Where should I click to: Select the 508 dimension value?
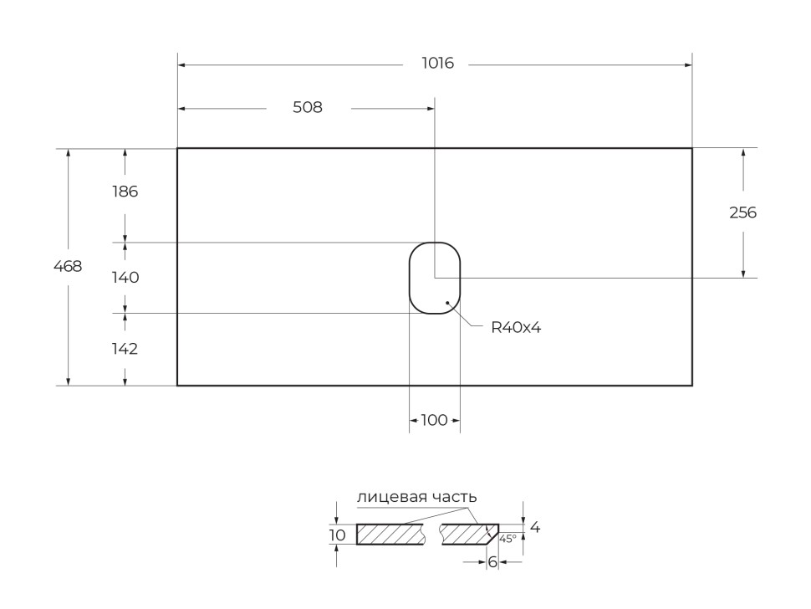(x=307, y=108)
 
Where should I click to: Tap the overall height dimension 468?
(x=68, y=267)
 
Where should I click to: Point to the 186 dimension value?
(x=125, y=192)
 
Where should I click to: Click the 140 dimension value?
(x=125, y=278)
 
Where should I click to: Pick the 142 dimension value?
(x=125, y=350)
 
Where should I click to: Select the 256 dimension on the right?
(x=742, y=213)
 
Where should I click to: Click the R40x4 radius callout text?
(x=516, y=328)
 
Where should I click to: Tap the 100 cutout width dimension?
(x=434, y=421)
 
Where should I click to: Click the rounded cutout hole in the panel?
(x=434, y=278)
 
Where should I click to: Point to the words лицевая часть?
(x=416, y=497)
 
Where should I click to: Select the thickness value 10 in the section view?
(x=337, y=535)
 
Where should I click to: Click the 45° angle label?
(x=508, y=539)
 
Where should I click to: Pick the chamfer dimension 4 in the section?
(x=535, y=528)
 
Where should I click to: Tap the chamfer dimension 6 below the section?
(x=492, y=562)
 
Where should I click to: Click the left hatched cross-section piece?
(x=389, y=534)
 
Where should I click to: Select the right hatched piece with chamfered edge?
(x=467, y=534)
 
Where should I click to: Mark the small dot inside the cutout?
(x=448, y=302)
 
